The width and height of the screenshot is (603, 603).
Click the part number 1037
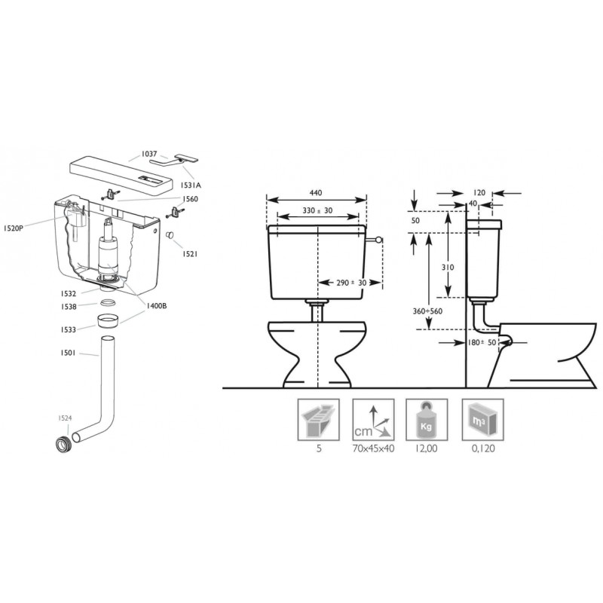point(149,154)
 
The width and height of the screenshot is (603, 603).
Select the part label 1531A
point(191,185)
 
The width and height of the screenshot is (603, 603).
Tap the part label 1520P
point(13,228)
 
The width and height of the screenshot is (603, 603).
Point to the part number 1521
point(190,254)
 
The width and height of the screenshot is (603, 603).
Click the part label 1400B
point(156,306)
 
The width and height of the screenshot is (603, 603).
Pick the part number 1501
point(68,353)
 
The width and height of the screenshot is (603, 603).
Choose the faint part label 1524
point(65,418)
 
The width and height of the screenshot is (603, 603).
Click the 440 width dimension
point(316,193)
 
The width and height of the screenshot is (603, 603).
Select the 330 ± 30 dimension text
point(317,211)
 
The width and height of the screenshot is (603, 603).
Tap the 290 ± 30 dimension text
point(351,283)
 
